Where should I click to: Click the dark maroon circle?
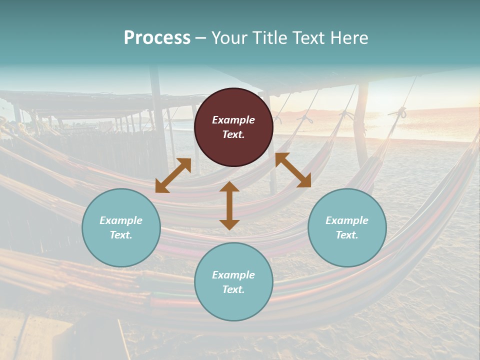(233, 127)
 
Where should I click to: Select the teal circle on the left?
(121, 227)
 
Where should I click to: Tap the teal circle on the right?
(347, 227)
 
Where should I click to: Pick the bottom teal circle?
(233, 282)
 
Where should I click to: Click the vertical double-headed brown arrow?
(229, 205)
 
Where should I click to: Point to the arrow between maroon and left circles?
(173, 175)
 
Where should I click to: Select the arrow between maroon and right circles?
(293, 170)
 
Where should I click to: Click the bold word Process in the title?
(157, 38)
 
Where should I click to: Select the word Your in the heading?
(228, 38)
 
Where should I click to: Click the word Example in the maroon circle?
(233, 120)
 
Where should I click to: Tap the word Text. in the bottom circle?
(233, 289)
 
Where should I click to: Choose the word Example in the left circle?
(121, 220)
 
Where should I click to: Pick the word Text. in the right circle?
(347, 235)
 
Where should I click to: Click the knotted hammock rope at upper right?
(401, 113)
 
